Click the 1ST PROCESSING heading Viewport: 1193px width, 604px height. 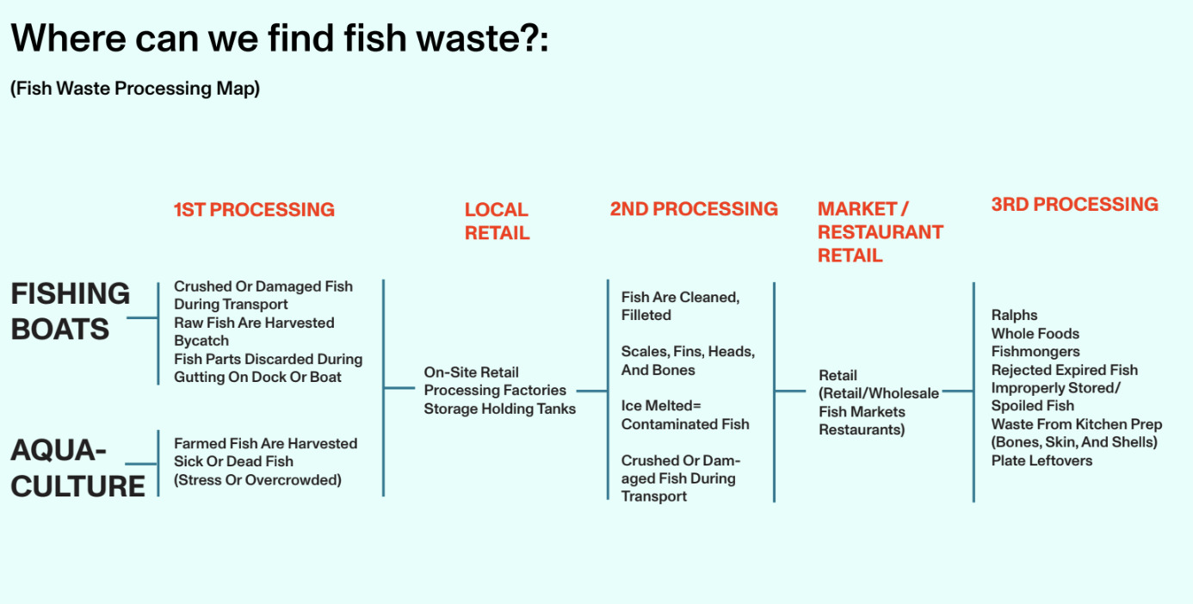pos(254,210)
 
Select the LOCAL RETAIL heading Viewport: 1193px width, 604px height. pos(497,221)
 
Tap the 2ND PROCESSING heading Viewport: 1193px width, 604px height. pos(694,209)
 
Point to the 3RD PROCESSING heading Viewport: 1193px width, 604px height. pos(1074,205)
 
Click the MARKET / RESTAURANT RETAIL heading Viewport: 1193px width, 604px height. pos(880,232)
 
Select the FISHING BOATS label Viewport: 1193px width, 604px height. pos(70,311)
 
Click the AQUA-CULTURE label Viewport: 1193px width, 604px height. pos(77,467)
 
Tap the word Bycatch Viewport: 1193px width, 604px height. pos(201,341)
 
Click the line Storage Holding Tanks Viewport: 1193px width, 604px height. pos(499,409)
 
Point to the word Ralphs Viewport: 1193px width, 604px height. pos(1014,315)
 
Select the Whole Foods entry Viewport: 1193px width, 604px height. pos(1035,333)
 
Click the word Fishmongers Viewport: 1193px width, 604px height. pos(1035,351)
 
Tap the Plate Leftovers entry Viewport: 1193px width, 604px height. pos(1042,460)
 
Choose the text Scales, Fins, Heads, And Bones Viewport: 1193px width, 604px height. pos(688,361)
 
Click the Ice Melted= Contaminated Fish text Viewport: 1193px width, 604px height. pos(685,415)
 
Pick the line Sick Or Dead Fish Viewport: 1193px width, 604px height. pos(233,461)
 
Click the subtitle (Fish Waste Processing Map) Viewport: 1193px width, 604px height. pos(135,89)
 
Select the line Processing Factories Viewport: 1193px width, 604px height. pos(495,391)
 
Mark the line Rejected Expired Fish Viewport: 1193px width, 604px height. pos(1064,370)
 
